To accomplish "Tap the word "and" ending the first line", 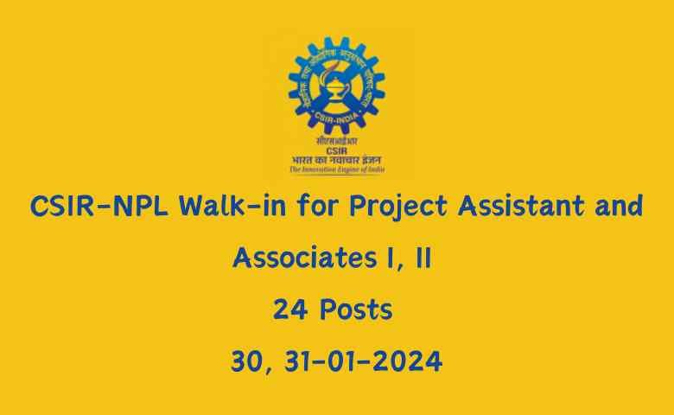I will [617, 207].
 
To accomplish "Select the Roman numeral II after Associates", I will [423, 258].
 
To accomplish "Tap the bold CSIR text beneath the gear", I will [337, 149].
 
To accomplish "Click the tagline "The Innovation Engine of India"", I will [337, 170].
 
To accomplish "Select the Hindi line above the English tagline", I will [337, 160].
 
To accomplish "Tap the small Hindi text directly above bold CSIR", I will [337, 140].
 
